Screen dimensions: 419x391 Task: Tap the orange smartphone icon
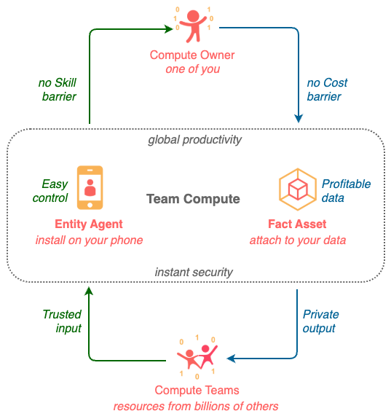90,187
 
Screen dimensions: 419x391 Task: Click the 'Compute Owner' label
192,55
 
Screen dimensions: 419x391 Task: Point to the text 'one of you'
192,69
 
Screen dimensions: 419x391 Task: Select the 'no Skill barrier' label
57,90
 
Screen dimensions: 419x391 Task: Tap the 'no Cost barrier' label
324,90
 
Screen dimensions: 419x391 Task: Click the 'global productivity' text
194,139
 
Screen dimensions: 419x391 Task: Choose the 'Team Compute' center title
193,199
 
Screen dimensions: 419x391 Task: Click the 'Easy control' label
55,191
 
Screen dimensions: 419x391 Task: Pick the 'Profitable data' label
346,191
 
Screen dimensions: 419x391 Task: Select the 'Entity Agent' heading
89,224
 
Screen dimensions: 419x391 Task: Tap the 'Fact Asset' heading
296,224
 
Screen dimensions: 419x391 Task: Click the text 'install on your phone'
89,240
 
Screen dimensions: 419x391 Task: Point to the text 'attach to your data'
296,240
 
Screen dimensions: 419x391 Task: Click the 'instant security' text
194,272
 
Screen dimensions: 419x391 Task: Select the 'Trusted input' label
61,321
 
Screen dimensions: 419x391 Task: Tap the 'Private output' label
321,321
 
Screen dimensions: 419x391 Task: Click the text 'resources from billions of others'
195,406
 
